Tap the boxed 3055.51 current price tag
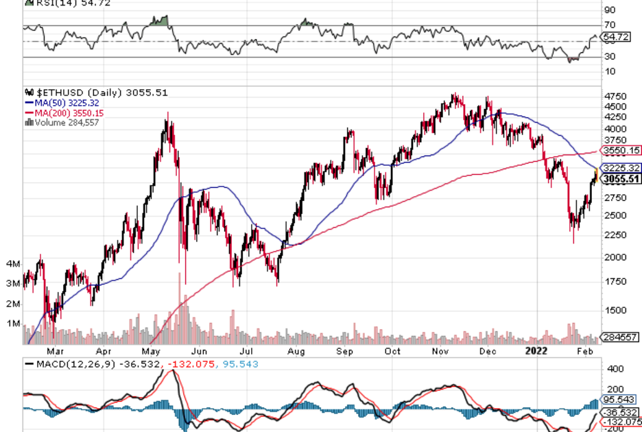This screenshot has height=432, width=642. coord(621,179)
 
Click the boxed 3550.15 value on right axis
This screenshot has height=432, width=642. coord(621,150)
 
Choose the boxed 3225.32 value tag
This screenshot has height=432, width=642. coord(621,168)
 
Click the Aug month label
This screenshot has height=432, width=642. coord(296,351)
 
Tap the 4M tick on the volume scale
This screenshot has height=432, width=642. coord(12,264)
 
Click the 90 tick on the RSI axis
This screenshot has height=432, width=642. coord(608,10)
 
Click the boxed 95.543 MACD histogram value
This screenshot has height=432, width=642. coord(620,398)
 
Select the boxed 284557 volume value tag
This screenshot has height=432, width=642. coord(620,337)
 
